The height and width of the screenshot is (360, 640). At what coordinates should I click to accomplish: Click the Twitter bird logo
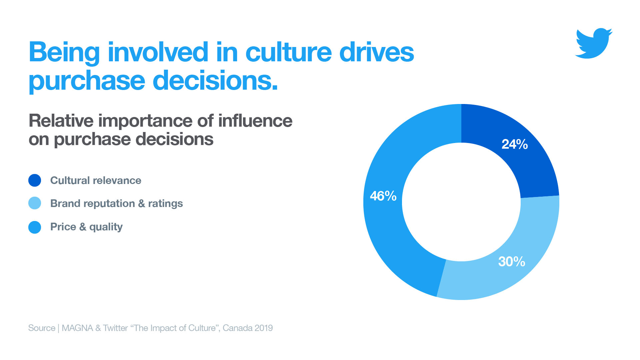tap(594, 43)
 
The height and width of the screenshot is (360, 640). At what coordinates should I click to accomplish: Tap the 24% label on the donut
tap(515, 144)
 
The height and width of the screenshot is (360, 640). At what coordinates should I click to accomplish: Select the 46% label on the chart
tap(383, 196)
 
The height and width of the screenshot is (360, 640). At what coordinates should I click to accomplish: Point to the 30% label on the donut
tap(512, 262)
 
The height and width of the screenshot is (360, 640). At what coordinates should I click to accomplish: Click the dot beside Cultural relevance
tap(35, 180)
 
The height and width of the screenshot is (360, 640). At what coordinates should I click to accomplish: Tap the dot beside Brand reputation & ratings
tap(35, 203)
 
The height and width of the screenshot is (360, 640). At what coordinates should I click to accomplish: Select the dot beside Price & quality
tap(35, 227)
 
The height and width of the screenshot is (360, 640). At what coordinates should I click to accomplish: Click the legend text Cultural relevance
tap(96, 180)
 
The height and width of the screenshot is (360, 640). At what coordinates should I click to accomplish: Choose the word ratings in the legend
tap(165, 203)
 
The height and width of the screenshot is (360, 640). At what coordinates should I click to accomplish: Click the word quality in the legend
tap(106, 227)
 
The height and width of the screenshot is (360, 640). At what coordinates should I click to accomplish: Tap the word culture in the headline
tap(289, 52)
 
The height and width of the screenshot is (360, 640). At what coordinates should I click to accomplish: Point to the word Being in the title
tap(64, 52)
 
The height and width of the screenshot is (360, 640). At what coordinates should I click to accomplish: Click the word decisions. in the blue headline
tap(215, 81)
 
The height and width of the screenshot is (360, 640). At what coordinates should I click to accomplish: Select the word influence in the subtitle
tap(255, 121)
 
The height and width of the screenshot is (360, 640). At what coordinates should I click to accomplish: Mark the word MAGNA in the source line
tap(77, 328)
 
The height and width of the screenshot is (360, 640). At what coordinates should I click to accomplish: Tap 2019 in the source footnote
tap(264, 328)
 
